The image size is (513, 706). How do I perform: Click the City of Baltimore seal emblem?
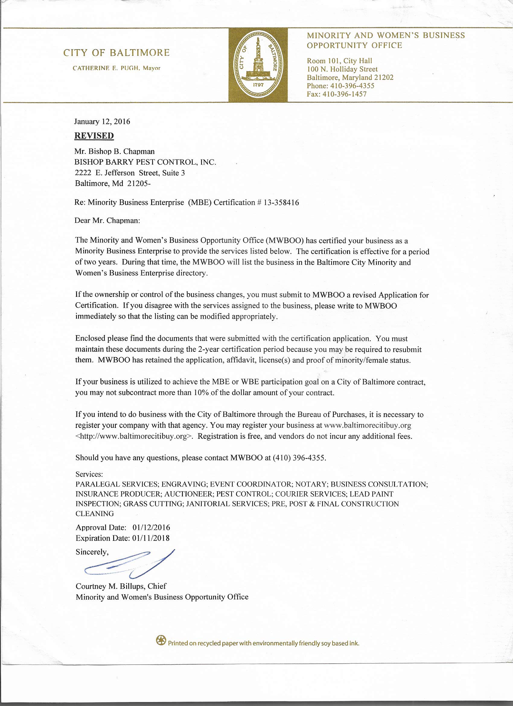[x=258, y=65]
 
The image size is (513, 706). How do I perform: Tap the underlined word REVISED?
[x=94, y=136]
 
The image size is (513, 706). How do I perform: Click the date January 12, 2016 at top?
[x=102, y=121]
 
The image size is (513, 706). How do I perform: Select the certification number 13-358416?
[x=281, y=203]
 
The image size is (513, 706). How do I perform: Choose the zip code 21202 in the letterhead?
[x=384, y=78]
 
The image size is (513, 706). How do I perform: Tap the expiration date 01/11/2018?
[x=151, y=538]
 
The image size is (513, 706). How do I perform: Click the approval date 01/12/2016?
[x=151, y=527]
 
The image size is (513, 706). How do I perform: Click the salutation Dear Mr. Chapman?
[x=107, y=221]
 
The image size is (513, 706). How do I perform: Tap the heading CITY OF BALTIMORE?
[x=117, y=53]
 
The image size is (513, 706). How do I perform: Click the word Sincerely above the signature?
[x=92, y=552]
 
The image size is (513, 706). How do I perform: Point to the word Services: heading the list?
[x=89, y=474]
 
